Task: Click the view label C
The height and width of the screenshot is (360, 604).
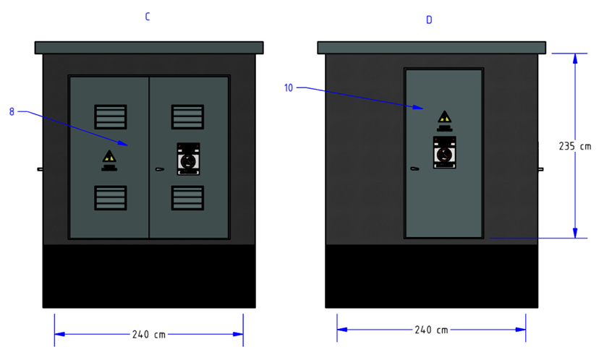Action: (x=148, y=17)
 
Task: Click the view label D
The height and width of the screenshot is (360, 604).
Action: (x=429, y=20)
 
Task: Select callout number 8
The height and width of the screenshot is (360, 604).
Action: (x=12, y=111)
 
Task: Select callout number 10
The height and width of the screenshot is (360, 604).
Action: (x=289, y=87)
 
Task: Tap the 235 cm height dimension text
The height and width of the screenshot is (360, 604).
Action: (x=575, y=146)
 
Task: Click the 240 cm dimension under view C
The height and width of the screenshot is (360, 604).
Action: (x=149, y=334)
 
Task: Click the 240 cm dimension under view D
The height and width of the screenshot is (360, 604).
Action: (x=431, y=330)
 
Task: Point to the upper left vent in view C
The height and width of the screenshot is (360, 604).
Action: (x=111, y=116)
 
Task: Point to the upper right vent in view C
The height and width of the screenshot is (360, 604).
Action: (x=187, y=116)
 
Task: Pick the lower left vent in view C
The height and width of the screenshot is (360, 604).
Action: (x=111, y=198)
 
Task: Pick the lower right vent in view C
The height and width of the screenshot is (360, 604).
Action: (x=187, y=198)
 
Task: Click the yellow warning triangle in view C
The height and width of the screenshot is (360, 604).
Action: (x=109, y=156)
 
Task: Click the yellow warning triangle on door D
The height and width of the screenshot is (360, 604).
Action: (x=445, y=116)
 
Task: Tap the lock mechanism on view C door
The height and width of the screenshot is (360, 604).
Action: (x=188, y=159)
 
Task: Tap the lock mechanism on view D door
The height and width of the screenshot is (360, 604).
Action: (x=445, y=152)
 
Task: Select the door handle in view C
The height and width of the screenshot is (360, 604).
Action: (x=159, y=169)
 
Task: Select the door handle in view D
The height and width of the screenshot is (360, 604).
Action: (x=414, y=168)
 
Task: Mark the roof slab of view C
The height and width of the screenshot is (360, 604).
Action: (x=149, y=48)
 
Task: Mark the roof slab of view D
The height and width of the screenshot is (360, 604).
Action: (x=431, y=48)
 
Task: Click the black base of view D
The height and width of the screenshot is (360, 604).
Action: (x=431, y=276)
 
